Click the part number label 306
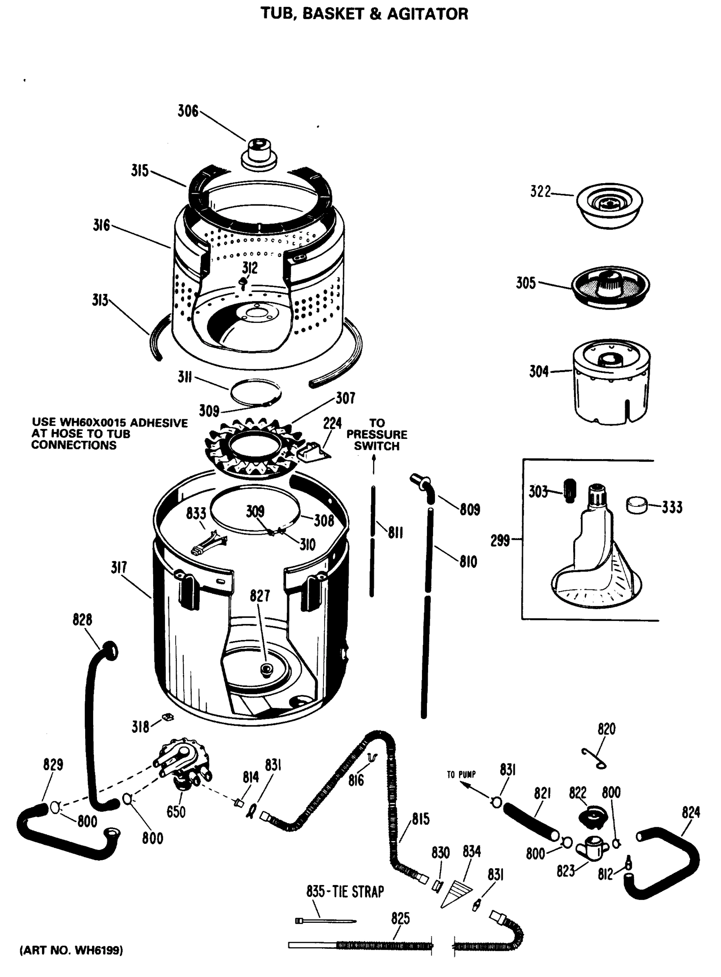click(x=188, y=111)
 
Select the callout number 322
click(x=540, y=191)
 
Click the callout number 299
click(x=500, y=541)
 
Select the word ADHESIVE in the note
click(x=159, y=423)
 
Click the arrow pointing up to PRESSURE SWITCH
click(x=374, y=464)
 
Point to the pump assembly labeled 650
click(x=185, y=763)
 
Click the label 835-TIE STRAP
click(x=345, y=892)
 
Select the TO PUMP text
click(x=461, y=775)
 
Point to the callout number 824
click(x=691, y=812)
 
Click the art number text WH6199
click(x=99, y=950)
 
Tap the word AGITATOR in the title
click(x=427, y=14)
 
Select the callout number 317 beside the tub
click(x=119, y=567)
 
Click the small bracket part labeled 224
click(x=312, y=451)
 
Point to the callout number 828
click(x=82, y=620)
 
